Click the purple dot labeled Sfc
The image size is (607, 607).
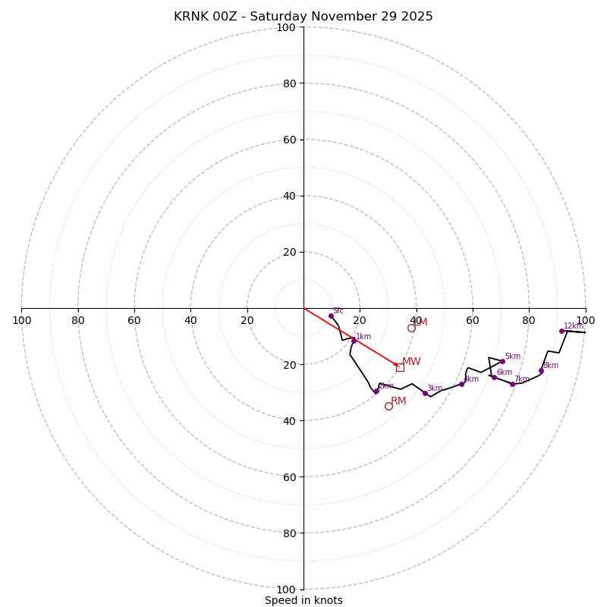(x=331, y=316)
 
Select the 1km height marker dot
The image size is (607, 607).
(x=354, y=341)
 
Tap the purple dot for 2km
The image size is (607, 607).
(x=376, y=391)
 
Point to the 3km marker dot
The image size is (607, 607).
(x=425, y=393)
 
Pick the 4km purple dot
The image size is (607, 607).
(x=461, y=384)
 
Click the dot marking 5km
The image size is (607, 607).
(x=502, y=361)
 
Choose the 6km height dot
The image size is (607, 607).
(x=494, y=377)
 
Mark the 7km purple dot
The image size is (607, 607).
(x=512, y=384)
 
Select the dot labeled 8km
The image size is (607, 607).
(x=541, y=370)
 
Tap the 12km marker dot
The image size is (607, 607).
(x=561, y=331)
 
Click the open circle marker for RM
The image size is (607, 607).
(x=388, y=406)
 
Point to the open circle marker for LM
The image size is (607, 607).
(x=411, y=328)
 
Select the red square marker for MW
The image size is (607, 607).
(x=400, y=367)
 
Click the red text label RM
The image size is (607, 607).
(x=398, y=401)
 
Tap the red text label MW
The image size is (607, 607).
(x=411, y=362)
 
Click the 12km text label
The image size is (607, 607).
(x=574, y=326)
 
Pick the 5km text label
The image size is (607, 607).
(x=513, y=357)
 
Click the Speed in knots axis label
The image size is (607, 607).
(x=303, y=601)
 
